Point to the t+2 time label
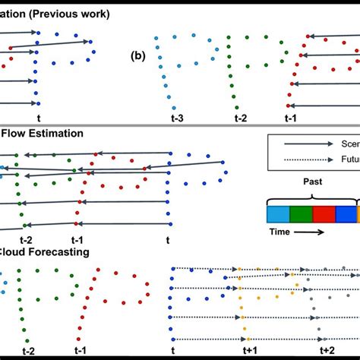[x=327, y=349]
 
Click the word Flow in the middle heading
[x=15, y=133]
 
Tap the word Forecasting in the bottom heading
[x=58, y=251]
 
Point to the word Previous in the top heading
[x=56, y=14]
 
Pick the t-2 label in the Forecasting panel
[x=28, y=350]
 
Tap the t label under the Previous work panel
[x=38, y=118]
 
